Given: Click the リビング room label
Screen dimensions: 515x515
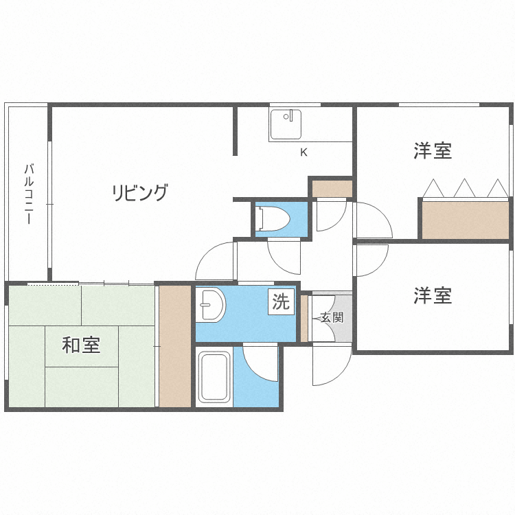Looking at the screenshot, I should point(140,193).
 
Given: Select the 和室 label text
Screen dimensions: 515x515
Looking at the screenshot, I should point(81,345).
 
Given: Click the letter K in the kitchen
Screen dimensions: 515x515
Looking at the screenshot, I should point(304,152).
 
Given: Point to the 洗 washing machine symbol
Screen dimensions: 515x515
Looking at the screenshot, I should point(281,301).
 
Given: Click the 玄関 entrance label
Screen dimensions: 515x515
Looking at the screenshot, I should point(332,318).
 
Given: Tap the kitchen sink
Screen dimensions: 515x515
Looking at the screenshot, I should point(285,124).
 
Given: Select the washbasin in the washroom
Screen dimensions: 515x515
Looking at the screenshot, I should point(211,305).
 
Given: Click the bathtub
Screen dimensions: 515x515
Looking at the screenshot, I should point(214,378).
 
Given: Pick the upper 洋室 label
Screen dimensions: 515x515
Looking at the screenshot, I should point(433,151).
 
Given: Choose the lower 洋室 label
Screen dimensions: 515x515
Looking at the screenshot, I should point(433,296).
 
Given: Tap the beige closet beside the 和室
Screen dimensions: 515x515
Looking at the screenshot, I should point(174,346).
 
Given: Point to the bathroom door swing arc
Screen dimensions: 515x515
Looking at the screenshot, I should point(261,364).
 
